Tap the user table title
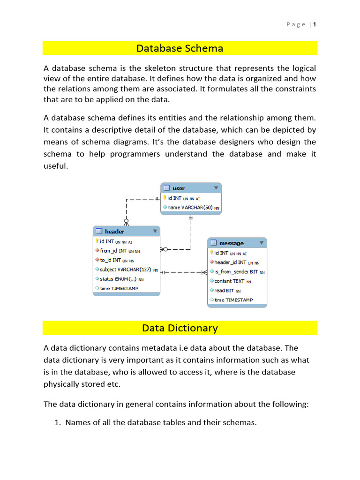[x=179, y=188]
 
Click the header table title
[x=114, y=232]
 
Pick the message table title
[x=231, y=243]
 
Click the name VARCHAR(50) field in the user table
[x=190, y=208]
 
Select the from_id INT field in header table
[x=113, y=251]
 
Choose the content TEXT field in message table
[x=229, y=281]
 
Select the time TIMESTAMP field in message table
[x=233, y=300]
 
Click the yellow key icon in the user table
[x=165, y=198]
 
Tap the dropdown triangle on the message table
[x=262, y=243]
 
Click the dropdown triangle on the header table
[x=155, y=231]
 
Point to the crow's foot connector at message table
[x=204, y=272]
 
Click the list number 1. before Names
[x=59, y=423]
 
